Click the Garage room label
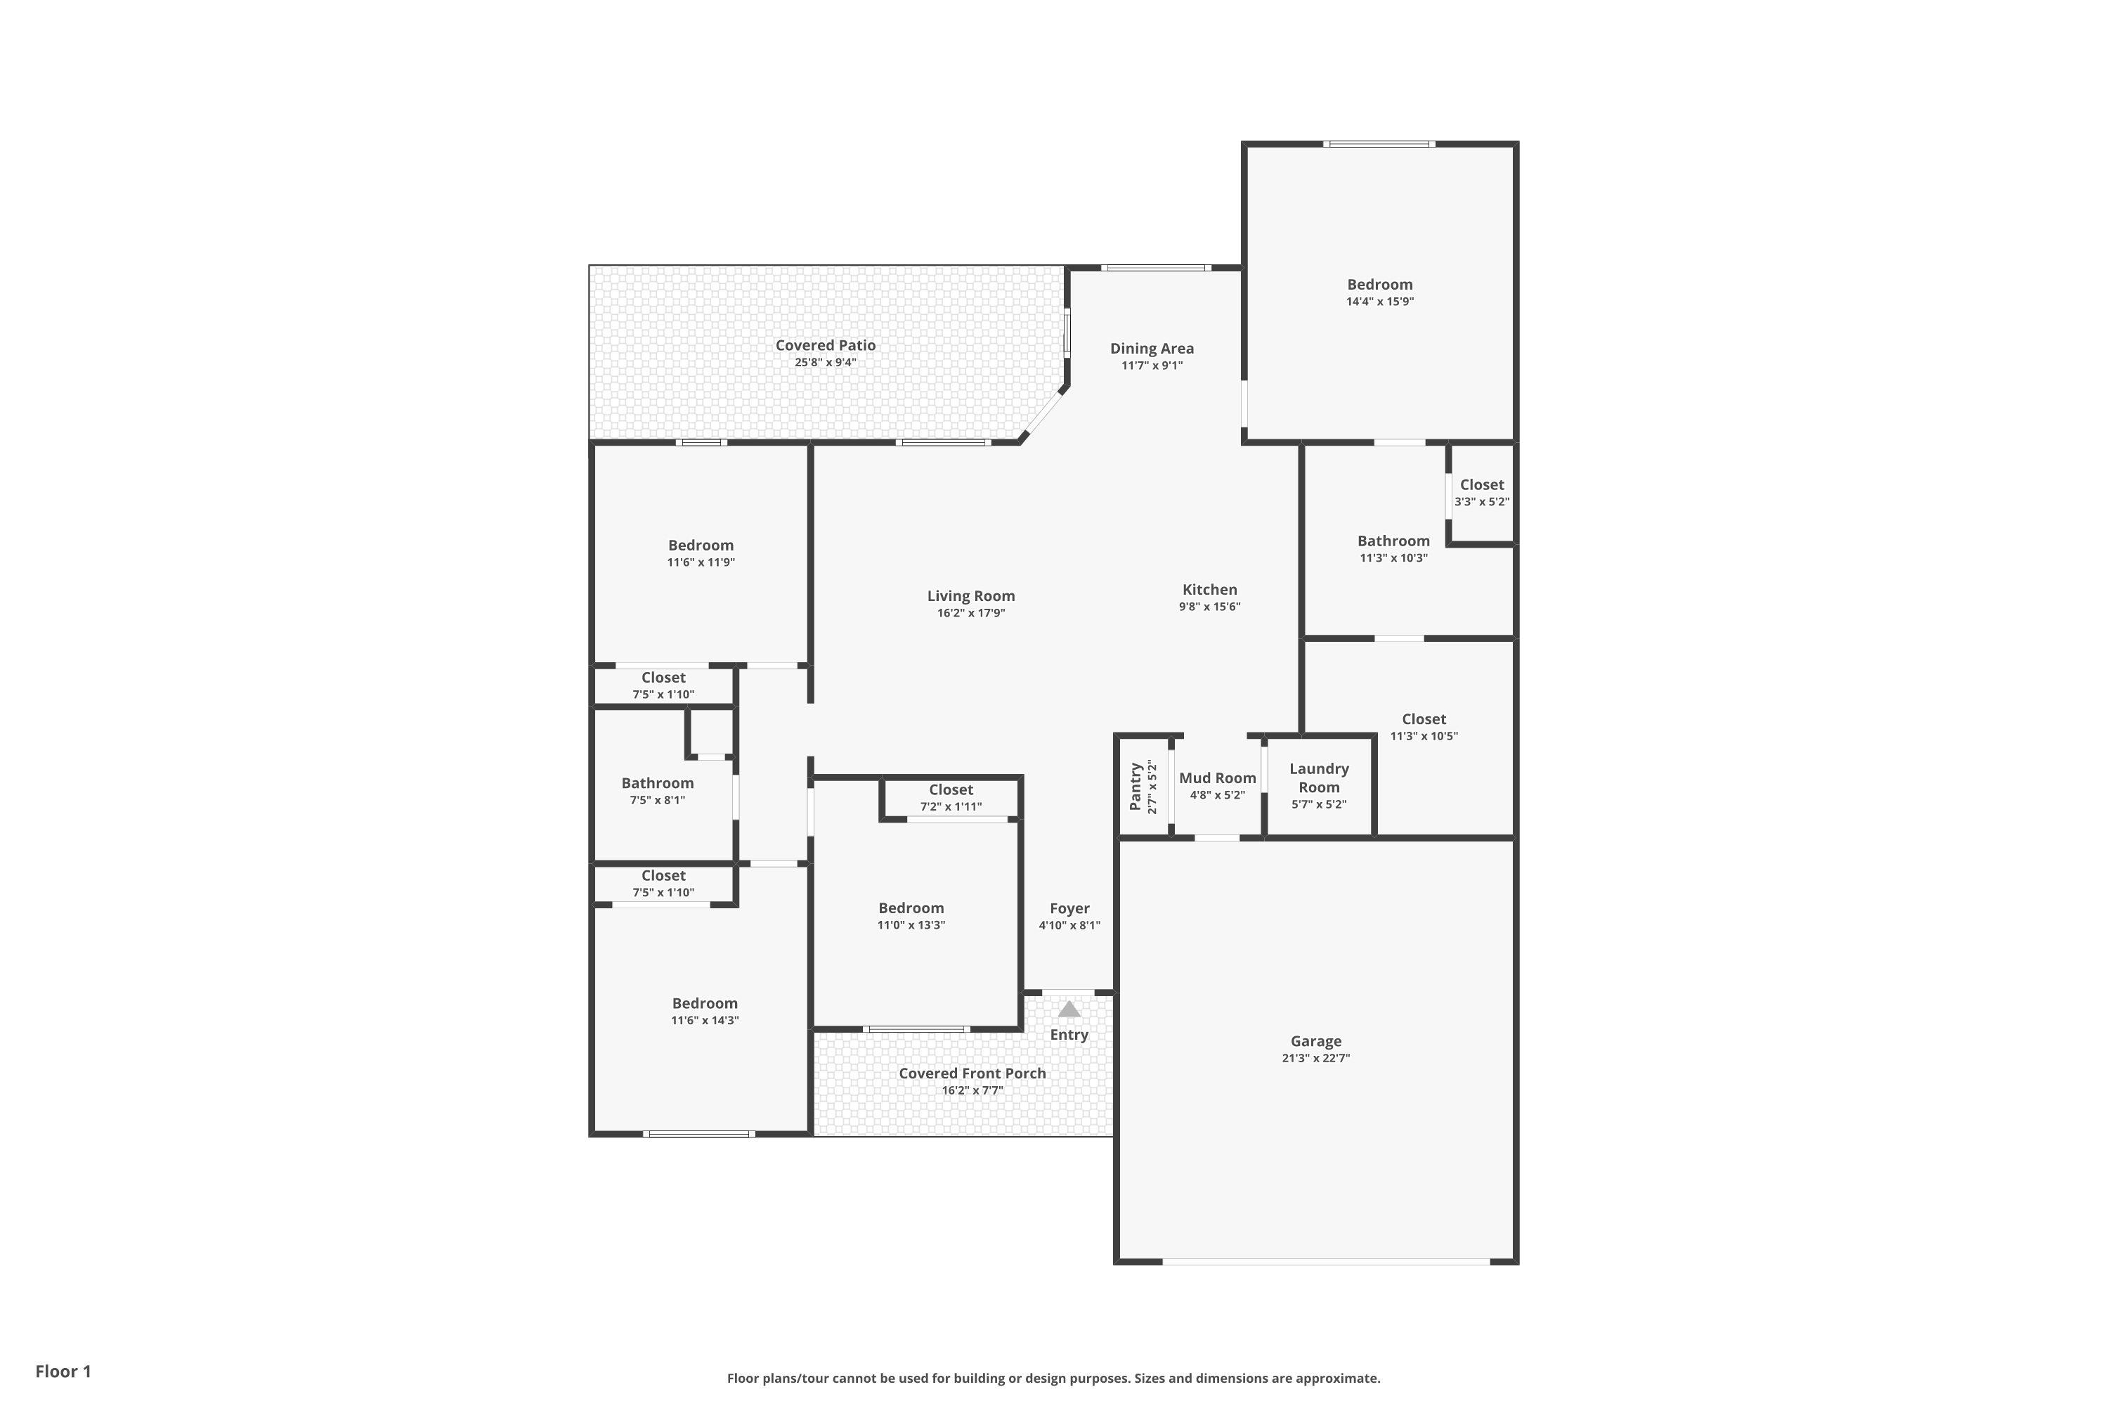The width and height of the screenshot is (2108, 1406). pyautogui.click(x=1315, y=1041)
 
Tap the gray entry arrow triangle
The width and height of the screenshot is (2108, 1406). pyautogui.click(x=1069, y=1009)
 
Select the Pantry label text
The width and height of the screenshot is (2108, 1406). pyautogui.click(x=1136, y=787)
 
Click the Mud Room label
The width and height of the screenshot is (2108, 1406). pyautogui.click(x=1217, y=778)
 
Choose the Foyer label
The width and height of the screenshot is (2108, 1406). pyautogui.click(x=1070, y=908)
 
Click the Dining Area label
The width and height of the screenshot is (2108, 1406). pyautogui.click(x=1152, y=349)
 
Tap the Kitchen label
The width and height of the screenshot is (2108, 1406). pyautogui.click(x=1210, y=589)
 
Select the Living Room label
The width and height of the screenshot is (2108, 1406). pyautogui.click(x=970, y=596)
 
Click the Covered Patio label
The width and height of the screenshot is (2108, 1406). pyautogui.click(x=826, y=345)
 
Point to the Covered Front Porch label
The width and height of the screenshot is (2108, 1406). pyautogui.click(x=972, y=1073)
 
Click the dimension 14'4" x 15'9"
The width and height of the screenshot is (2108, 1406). pyautogui.click(x=1380, y=302)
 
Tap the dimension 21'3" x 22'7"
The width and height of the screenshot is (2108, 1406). pyautogui.click(x=1315, y=1058)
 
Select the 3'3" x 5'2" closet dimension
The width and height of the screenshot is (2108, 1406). pyautogui.click(x=1481, y=502)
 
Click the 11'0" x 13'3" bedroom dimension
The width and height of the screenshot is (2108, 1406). pyautogui.click(x=911, y=925)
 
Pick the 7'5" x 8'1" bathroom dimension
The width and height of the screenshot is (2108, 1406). pyautogui.click(x=658, y=801)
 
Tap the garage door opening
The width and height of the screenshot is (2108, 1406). pyautogui.click(x=1327, y=1262)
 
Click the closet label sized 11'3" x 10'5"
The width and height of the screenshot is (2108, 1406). pyautogui.click(x=1424, y=719)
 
